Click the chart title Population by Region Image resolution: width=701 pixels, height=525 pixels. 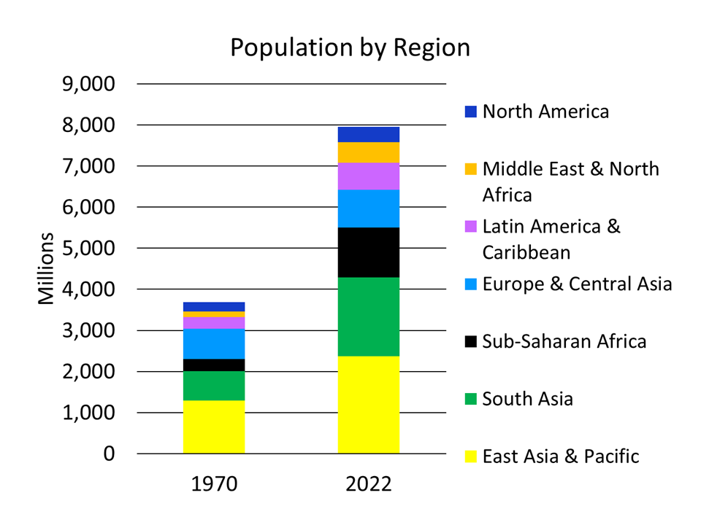coord(350,47)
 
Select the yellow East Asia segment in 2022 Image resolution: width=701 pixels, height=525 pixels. coord(369,405)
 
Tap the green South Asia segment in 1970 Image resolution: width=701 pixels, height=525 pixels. coord(214,386)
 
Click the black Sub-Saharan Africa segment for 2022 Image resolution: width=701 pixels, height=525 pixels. coord(369,252)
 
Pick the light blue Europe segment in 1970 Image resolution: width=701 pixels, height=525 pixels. coord(214,343)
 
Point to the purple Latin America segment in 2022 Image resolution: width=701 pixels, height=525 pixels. coord(369,176)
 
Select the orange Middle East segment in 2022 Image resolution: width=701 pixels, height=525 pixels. coord(369,152)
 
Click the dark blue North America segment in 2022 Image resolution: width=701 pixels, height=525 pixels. coord(369,134)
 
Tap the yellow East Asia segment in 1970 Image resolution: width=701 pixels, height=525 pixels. coord(214,427)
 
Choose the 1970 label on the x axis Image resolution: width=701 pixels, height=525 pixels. coord(214,484)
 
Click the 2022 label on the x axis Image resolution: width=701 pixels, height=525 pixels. coord(369,484)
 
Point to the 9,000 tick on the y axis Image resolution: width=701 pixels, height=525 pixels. coord(88,85)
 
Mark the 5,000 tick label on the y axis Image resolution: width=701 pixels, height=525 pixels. coord(88,249)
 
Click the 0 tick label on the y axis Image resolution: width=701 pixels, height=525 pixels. coord(108,454)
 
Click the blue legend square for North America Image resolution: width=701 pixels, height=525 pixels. coord(470,112)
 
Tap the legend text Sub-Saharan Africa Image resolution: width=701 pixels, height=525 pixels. coord(564,341)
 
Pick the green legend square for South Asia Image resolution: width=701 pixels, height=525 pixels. coord(470,399)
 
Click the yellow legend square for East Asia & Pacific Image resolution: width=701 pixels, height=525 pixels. coord(470,456)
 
